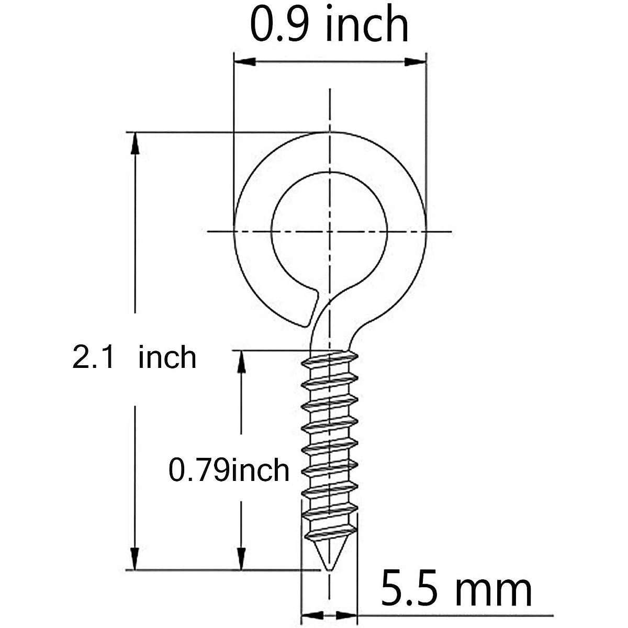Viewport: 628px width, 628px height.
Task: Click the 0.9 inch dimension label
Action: click(x=329, y=25)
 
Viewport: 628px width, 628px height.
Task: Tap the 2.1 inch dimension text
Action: click(x=134, y=358)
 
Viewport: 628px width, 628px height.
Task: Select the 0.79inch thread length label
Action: click(x=229, y=469)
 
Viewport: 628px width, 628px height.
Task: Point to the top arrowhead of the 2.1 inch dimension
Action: click(x=135, y=143)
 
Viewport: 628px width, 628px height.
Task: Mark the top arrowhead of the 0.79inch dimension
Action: click(x=241, y=362)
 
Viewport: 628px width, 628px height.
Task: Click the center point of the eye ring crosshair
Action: click(x=329, y=231)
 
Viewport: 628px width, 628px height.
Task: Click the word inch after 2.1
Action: click(x=167, y=358)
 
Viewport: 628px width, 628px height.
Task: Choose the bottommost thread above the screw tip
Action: click(x=330, y=534)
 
